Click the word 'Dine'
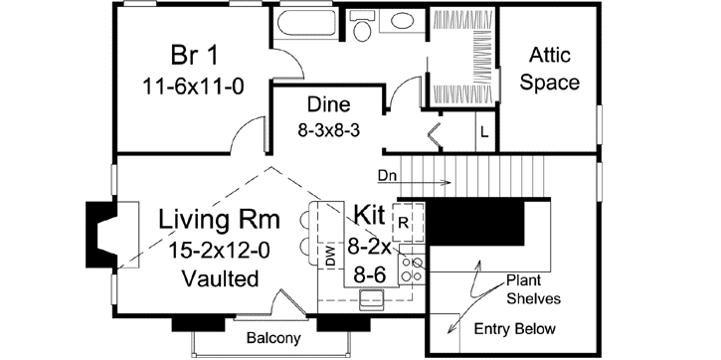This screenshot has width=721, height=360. [x=329, y=103]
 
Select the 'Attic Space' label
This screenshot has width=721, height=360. [x=554, y=68]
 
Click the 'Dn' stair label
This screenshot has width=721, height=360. [x=388, y=176]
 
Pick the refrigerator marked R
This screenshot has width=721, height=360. [x=406, y=221]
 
